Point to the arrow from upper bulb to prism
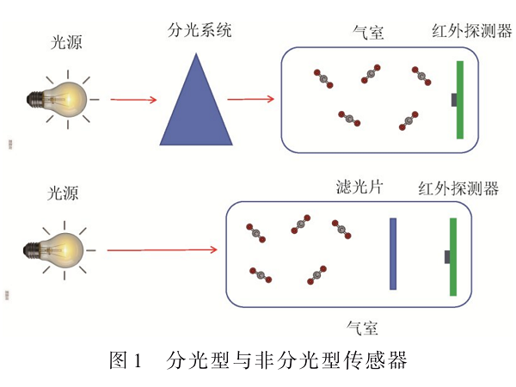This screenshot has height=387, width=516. tap(132, 100)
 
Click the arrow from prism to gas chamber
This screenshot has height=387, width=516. tap(250, 100)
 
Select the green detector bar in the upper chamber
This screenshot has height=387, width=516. tap(461, 99)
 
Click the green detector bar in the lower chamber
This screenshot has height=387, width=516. tap(452, 256)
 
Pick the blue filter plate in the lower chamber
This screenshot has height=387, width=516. tap(393, 255)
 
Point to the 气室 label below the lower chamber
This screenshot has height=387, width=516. tap(361, 327)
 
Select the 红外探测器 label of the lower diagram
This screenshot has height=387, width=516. tap(458, 188)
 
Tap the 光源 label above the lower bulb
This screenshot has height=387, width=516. tap(65, 193)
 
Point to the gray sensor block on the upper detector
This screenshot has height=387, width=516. tap(453, 100)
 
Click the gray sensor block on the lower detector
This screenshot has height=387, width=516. tap(446, 256)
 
